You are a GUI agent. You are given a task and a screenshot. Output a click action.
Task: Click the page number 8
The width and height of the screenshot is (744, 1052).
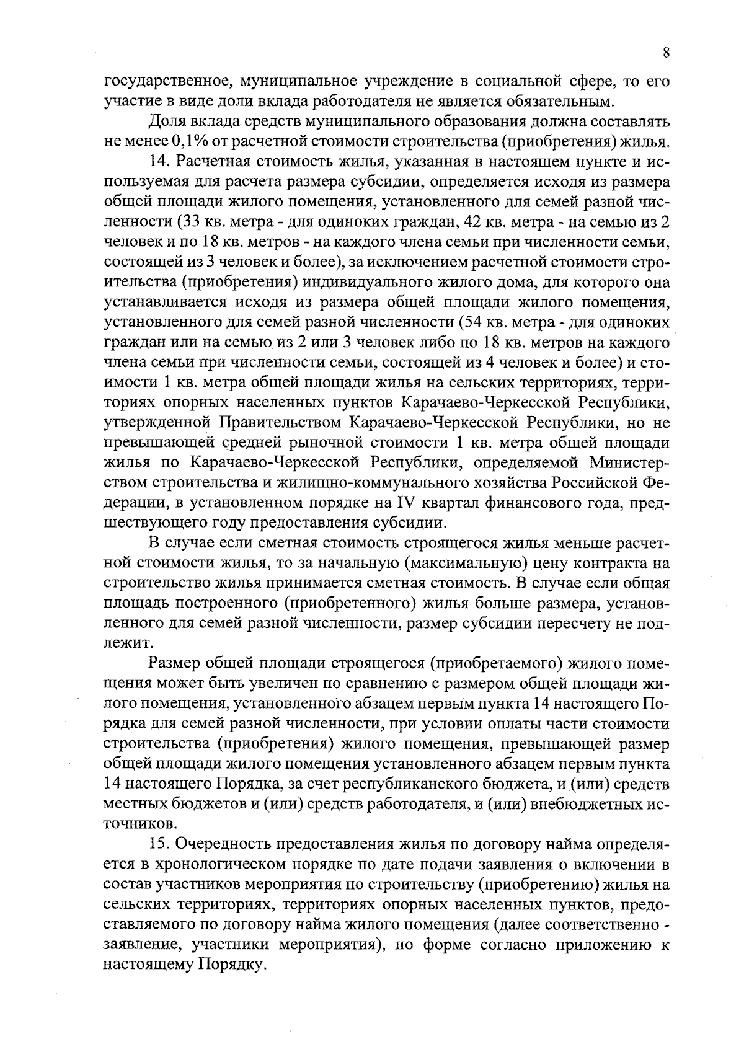(x=665, y=53)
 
